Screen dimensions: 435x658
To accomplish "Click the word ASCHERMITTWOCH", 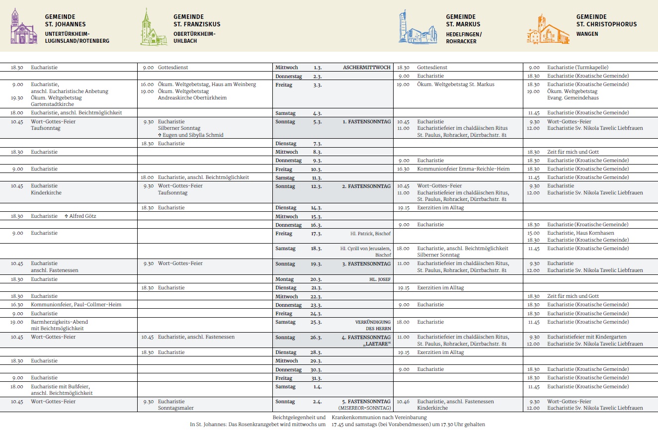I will tap(367, 67).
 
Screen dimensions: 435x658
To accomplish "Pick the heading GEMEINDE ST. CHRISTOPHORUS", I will tap(606, 20).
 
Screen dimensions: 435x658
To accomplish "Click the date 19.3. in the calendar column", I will tap(318, 264).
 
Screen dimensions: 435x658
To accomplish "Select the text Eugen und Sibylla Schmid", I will tap(193, 135).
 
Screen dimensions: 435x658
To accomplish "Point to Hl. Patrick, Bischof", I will tap(370, 234).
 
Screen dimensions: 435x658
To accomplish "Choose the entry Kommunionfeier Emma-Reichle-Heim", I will tap(463, 169).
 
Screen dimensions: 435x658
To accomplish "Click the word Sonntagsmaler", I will tap(175, 408).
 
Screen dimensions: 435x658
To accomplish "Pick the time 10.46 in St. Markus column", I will tap(403, 402).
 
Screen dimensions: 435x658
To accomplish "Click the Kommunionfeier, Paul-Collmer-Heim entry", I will tap(76, 305).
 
